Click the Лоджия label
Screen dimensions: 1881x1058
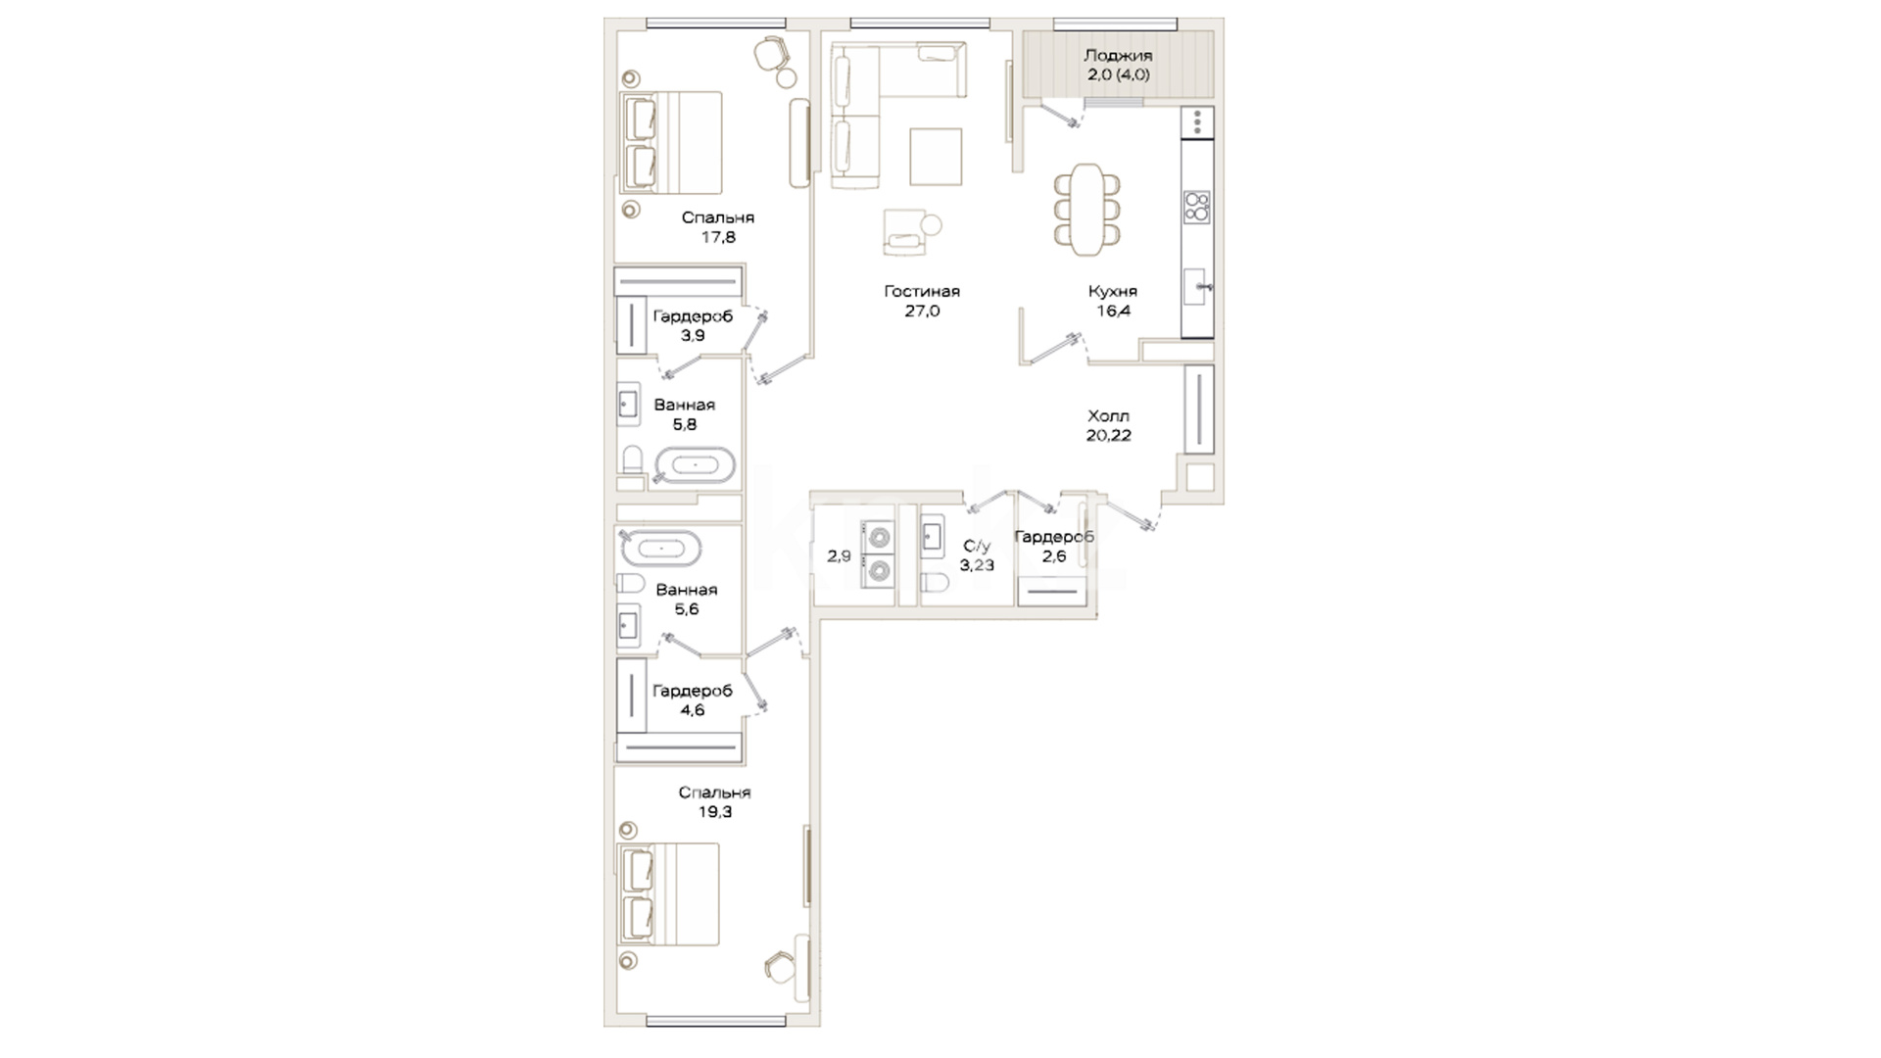pyautogui.click(x=1118, y=56)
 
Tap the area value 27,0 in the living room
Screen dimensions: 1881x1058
pyautogui.click(x=922, y=312)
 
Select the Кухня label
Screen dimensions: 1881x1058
pyautogui.click(x=1113, y=291)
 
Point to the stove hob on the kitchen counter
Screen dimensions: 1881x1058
pyautogui.click(x=1197, y=207)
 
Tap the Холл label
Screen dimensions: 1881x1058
pyautogui.click(x=1108, y=416)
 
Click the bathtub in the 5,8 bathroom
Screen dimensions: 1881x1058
pyautogui.click(x=695, y=465)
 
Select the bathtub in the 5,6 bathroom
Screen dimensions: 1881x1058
pyautogui.click(x=660, y=549)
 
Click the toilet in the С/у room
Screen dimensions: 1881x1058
pyautogui.click(x=935, y=584)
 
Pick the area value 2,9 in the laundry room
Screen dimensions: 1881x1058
pyautogui.click(x=839, y=556)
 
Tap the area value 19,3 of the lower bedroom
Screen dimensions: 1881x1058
pyautogui.click(x=714, y=812)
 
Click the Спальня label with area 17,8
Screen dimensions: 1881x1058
pyautogui.click(x=718, y=217)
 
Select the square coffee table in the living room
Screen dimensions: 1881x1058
pyautogui.click(x=936, y=157)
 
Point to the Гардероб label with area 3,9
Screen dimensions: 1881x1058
pyautogui.click(x=693, y=316)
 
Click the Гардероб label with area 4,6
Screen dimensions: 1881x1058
pyautogui.click(x=693, y=691)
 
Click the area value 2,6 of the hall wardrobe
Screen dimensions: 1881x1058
pyautogui.click(x=1054, y=556)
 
